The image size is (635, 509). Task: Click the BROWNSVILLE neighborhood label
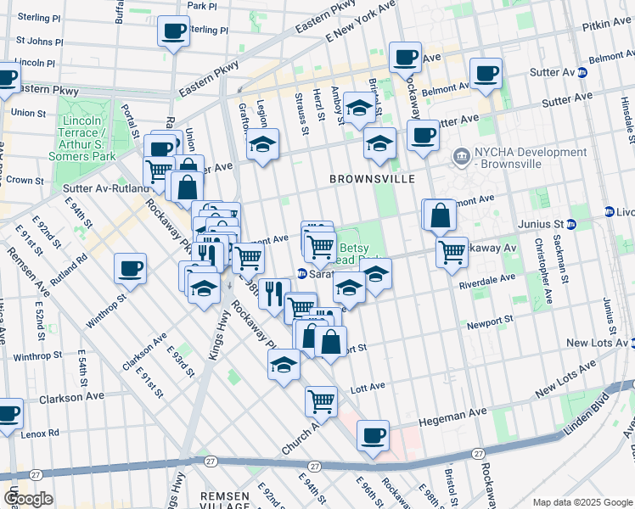click(373, 180)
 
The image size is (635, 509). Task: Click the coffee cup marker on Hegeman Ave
click(373, 436)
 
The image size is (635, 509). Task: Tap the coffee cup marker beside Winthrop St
click(131, 268)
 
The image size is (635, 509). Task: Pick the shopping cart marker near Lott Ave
click(322, 400)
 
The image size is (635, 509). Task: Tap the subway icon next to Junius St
click(571, 225)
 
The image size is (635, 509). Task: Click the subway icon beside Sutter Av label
click(582, 72)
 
